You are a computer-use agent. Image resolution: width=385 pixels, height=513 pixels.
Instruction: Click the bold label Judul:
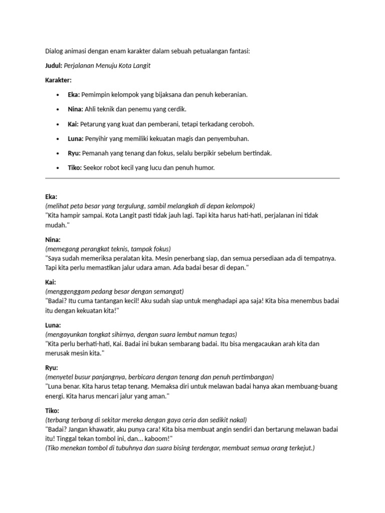click(54, 66)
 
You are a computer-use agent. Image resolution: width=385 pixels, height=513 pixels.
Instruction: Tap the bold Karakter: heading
click(58, 80)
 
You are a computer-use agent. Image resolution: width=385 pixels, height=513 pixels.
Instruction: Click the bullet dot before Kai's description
click(59, 124)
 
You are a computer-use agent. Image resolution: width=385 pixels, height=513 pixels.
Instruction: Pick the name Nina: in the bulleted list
click(75, 109)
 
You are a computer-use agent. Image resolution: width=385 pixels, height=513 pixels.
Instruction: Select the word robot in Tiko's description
click(115, 168)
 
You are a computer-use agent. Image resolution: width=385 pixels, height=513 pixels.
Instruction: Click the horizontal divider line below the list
click(192, 178)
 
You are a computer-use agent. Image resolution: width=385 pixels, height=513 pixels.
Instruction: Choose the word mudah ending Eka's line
click(55, 225)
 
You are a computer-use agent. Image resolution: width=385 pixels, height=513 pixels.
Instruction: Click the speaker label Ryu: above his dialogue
click(52, 367)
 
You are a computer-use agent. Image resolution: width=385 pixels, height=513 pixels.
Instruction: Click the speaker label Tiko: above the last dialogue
click(52, 410)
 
